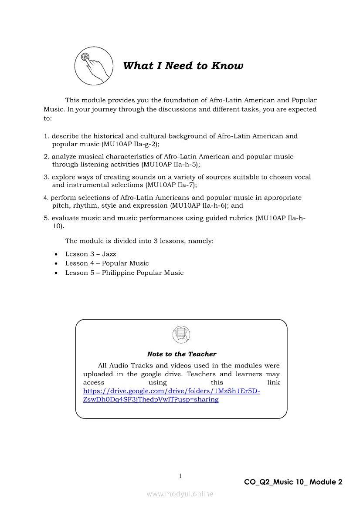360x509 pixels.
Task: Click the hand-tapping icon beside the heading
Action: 94,66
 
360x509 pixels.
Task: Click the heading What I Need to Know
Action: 183,66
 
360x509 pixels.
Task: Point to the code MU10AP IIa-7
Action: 170,185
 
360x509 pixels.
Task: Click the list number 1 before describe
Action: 46,136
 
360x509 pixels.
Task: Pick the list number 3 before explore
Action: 46,177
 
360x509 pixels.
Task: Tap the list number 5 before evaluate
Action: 46,218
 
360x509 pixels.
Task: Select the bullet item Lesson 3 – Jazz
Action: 91,254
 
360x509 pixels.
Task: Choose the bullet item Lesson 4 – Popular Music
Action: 107,263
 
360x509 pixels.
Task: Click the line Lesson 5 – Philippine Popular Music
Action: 124,273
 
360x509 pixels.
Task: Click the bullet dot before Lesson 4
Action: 56,263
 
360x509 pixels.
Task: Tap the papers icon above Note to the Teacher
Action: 181,334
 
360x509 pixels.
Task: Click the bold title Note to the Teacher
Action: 182,354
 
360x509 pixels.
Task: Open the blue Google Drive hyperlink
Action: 171,391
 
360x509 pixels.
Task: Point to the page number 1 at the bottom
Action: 180,476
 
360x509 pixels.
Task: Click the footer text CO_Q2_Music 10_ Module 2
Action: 293,482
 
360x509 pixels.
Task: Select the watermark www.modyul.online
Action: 180,494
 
